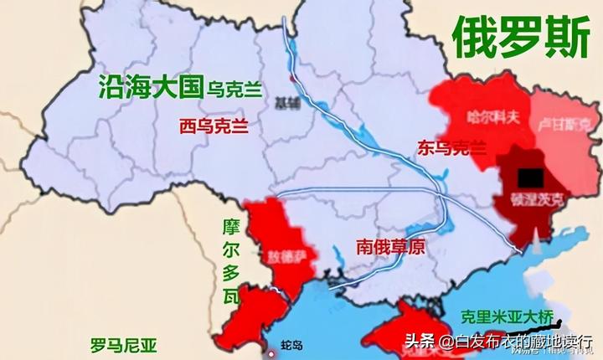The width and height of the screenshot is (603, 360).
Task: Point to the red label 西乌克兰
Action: click(214, 126)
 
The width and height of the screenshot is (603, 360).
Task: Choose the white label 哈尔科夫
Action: click(492, 117)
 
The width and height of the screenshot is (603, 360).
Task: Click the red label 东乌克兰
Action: click(450, 148)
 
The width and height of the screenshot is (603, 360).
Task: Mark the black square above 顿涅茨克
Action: click(529, 177)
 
